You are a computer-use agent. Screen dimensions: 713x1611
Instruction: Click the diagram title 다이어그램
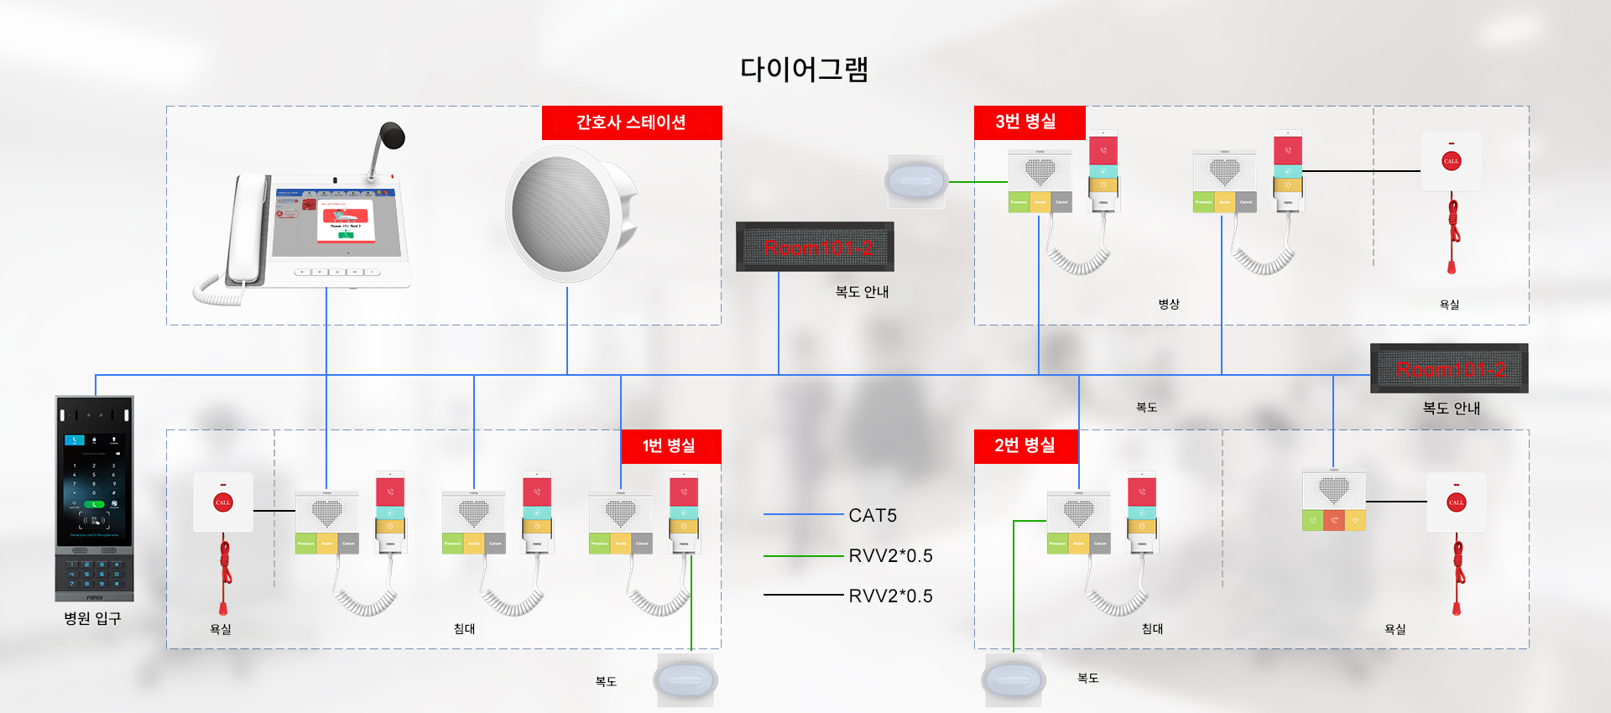(x=803, y=69)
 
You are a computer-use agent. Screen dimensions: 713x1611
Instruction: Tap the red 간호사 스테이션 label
(x=631, y=122)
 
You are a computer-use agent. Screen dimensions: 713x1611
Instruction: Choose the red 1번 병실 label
(x=670, y=446)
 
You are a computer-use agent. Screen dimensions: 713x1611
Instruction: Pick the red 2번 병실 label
(x=1025, y=446)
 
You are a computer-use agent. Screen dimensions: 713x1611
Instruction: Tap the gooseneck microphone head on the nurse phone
(x=392, y=135)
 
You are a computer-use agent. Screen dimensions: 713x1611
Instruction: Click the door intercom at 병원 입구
(x=94, y=498)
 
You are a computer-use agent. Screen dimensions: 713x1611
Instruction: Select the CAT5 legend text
(x=873, y=515)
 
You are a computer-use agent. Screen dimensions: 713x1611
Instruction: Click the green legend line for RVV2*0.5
(x=803, y=555)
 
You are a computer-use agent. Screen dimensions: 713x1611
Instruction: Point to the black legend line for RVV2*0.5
(x=803, y=595)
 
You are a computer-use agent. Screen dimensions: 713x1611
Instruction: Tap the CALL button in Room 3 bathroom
(x=1451, y=161)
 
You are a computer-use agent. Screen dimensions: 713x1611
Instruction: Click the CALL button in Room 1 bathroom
(x=222, y=502)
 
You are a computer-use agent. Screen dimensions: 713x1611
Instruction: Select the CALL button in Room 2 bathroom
(x=1456, y=502)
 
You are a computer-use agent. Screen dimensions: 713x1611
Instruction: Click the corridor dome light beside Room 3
(x=915, y=180)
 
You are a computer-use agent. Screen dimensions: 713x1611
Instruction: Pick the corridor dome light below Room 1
(x=686, y=680)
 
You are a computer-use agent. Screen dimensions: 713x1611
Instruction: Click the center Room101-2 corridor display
(x=815, y=247)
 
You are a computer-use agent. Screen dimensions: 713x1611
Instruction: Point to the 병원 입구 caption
(x=92, y=619)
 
